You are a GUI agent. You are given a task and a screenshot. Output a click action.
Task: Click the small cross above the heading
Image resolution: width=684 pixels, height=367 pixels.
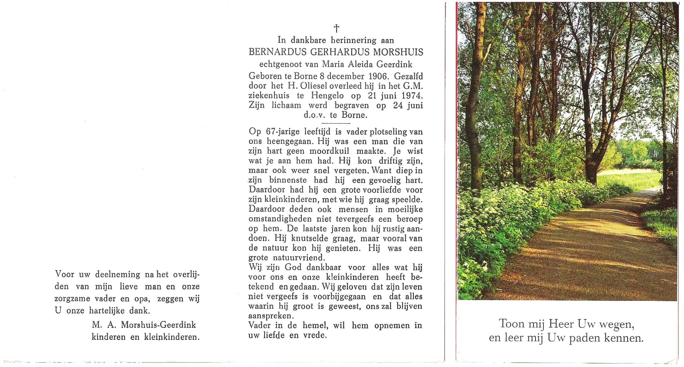(336, 29)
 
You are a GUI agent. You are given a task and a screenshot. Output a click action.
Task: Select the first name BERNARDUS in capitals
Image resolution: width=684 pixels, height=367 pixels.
(278, 52)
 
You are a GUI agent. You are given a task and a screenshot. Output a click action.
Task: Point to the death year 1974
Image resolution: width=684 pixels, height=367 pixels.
(412, 96)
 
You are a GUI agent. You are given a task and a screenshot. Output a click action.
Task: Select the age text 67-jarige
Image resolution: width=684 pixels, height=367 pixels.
(283, 132)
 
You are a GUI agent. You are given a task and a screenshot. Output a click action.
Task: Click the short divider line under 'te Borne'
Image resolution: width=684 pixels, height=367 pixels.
(336, 123)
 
